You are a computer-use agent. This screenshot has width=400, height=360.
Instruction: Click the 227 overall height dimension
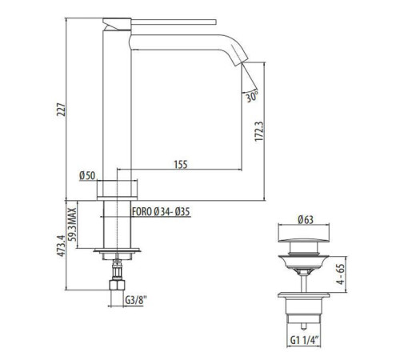pos(61,110)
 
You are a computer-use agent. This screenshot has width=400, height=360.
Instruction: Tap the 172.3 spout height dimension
pos(258,131)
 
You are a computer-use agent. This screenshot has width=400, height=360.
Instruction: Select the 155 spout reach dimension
pos(181,164)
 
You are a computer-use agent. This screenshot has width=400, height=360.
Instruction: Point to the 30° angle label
pos(252,97)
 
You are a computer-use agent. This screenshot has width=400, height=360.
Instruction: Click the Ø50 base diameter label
pos(87,176)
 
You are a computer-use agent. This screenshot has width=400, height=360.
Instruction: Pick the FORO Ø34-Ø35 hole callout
pos(161,212)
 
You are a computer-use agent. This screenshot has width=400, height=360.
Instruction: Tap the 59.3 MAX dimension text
pos(72,224)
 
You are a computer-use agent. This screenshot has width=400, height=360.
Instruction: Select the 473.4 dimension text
pos(61,246)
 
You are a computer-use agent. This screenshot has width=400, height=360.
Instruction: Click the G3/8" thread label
pos(136,301)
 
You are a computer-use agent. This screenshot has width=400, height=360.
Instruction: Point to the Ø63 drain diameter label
pos(306,220)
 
